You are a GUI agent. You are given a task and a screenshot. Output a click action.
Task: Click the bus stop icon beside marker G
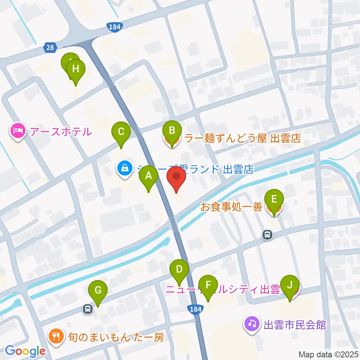(x=87, y=309)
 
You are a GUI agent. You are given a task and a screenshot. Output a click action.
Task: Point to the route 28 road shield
(x=49, y=47)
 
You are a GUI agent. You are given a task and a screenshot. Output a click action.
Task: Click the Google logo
(x=25, y=351)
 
